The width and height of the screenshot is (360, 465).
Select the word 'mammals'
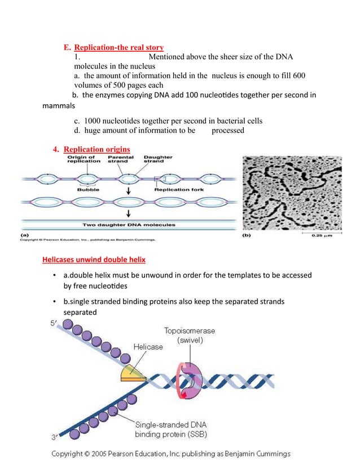59,105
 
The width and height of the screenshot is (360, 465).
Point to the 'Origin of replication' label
84,159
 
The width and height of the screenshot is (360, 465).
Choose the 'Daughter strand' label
158,159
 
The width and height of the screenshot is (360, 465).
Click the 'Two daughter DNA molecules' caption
129,225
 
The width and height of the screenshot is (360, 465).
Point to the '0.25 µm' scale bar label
325,236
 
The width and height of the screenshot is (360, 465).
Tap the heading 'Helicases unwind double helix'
94,260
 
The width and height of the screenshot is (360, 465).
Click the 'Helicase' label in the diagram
148,347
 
